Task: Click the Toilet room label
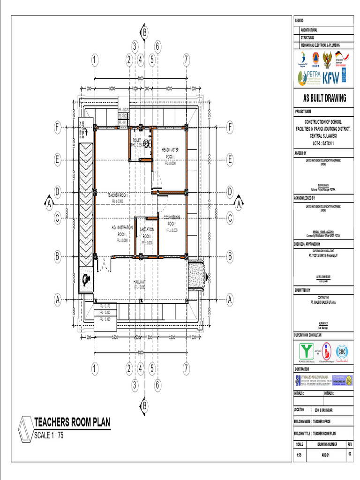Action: [x=137, y=140]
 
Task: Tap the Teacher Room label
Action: [x=118, y=195]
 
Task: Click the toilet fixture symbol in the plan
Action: [x=146, y=143]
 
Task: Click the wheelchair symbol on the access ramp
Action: [x=86, y=280]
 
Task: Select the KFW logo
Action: [x=330, y=78]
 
